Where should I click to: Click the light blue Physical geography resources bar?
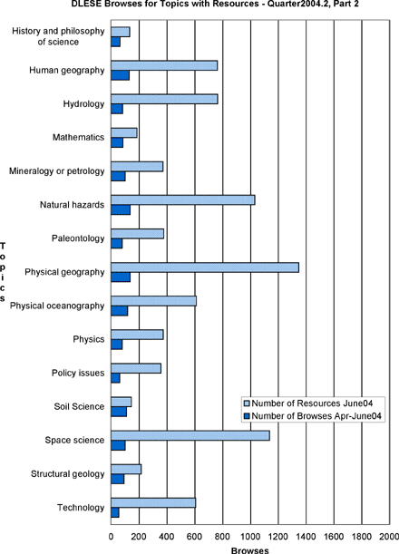tap(205, 267)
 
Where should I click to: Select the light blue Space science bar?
tap(190, 435)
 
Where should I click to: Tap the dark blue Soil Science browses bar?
tap(119, 412)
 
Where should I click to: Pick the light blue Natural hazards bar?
tap(183, 200)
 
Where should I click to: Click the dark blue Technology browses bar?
tap(115, 512)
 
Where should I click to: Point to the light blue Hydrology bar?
tap(164, 99)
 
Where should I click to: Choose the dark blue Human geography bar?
tap(121, 75)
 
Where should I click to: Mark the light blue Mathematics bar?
tap(124, 133)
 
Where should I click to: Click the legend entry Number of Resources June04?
tap(308, 403)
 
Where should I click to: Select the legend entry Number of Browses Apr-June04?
tap(313, 416)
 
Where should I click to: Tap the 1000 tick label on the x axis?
tap(250, 537)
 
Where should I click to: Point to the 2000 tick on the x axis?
tap(389, 537)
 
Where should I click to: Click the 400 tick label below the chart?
tap(167, 537)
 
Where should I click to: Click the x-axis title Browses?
tap(250, 550)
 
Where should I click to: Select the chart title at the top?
tap(215, 4)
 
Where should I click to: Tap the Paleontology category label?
tap(78, 238)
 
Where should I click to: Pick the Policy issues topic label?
tap(78, 373)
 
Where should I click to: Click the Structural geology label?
tap(67, 474)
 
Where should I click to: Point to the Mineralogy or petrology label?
tap(57, 171)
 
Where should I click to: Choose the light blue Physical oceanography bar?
tap(154, 301)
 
